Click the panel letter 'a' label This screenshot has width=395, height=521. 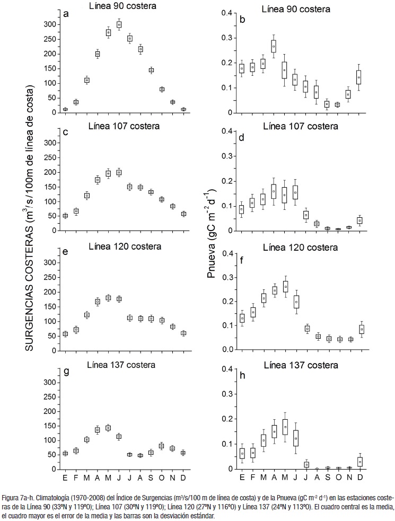click(x=66, y=14)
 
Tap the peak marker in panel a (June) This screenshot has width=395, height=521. click(x=119, y=24)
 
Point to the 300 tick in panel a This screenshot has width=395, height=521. click(x=48, y=24)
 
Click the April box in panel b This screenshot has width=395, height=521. click(x=274, y=47)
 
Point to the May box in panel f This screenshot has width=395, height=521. click(x=285, y=286)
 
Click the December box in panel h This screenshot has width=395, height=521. click(x=360, y=461)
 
